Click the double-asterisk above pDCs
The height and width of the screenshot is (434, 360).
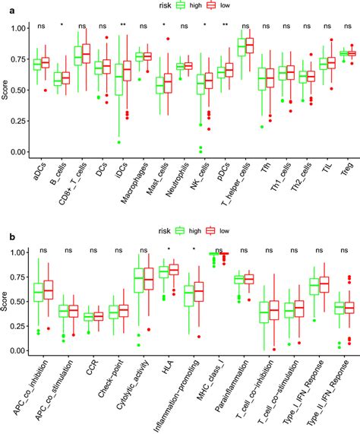pyautogui.click(x=226, y=25)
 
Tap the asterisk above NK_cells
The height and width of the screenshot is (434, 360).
pyautogui.click(x=205, y=25)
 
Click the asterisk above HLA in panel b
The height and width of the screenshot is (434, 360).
pyautogui.click(x=169, y=249)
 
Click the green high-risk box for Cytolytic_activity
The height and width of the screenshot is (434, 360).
pyautogui.click(x=138, y=280)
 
